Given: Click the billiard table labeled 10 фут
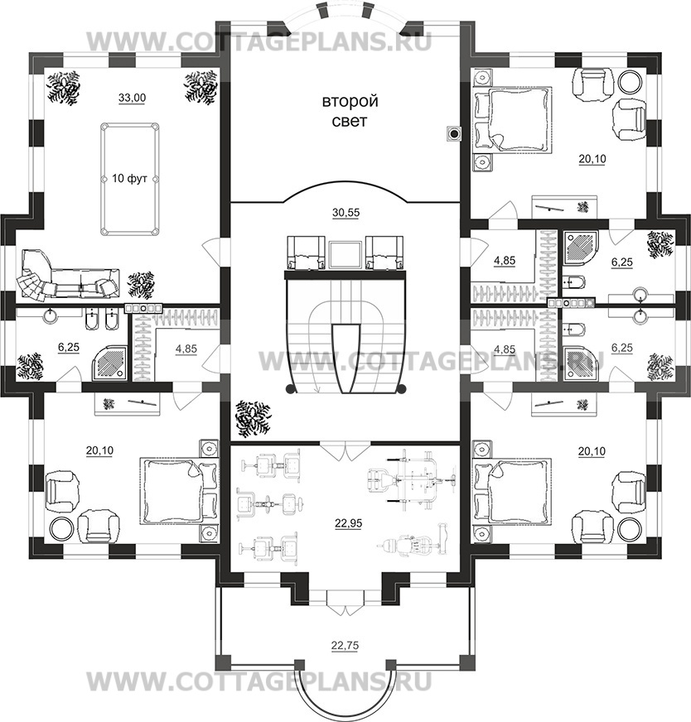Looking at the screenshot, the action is [129, 179].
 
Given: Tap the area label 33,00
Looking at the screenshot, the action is [133, 98].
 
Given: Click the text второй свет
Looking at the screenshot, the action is [350, 111].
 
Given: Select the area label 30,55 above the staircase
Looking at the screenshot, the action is [346, 213].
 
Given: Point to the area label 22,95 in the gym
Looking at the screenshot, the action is [349, 523].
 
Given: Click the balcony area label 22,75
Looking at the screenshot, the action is [345, 646].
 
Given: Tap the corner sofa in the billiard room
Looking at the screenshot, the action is [68, 275].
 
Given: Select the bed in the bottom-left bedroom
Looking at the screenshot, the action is [178, 490].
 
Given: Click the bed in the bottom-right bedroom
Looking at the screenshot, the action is [513, 490].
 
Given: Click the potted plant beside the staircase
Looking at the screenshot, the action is [252, 419].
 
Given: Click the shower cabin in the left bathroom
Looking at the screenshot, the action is [109, 363].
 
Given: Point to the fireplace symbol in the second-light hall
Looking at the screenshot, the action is [455, 134].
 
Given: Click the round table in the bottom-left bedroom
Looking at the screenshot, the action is [61, 528].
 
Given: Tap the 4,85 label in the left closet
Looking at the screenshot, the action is [186, 349].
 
